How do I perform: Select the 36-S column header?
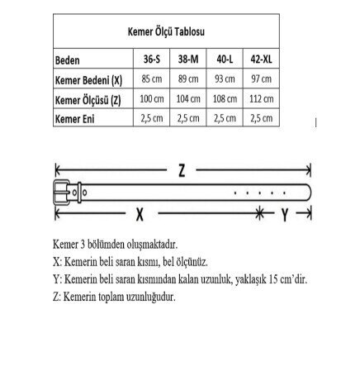click(150, 61)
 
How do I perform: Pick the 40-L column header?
click(225, 61)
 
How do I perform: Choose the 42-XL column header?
click(263, 61)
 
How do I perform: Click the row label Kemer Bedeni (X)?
click(88, 79)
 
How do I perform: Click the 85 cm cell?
click(150, 79)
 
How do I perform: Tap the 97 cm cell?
click(263, 79)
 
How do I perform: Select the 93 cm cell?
click(225, 79)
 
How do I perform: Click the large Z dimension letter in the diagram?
click(182, 171)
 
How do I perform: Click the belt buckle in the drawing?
click(64, 192)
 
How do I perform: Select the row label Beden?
click(68, 61)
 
